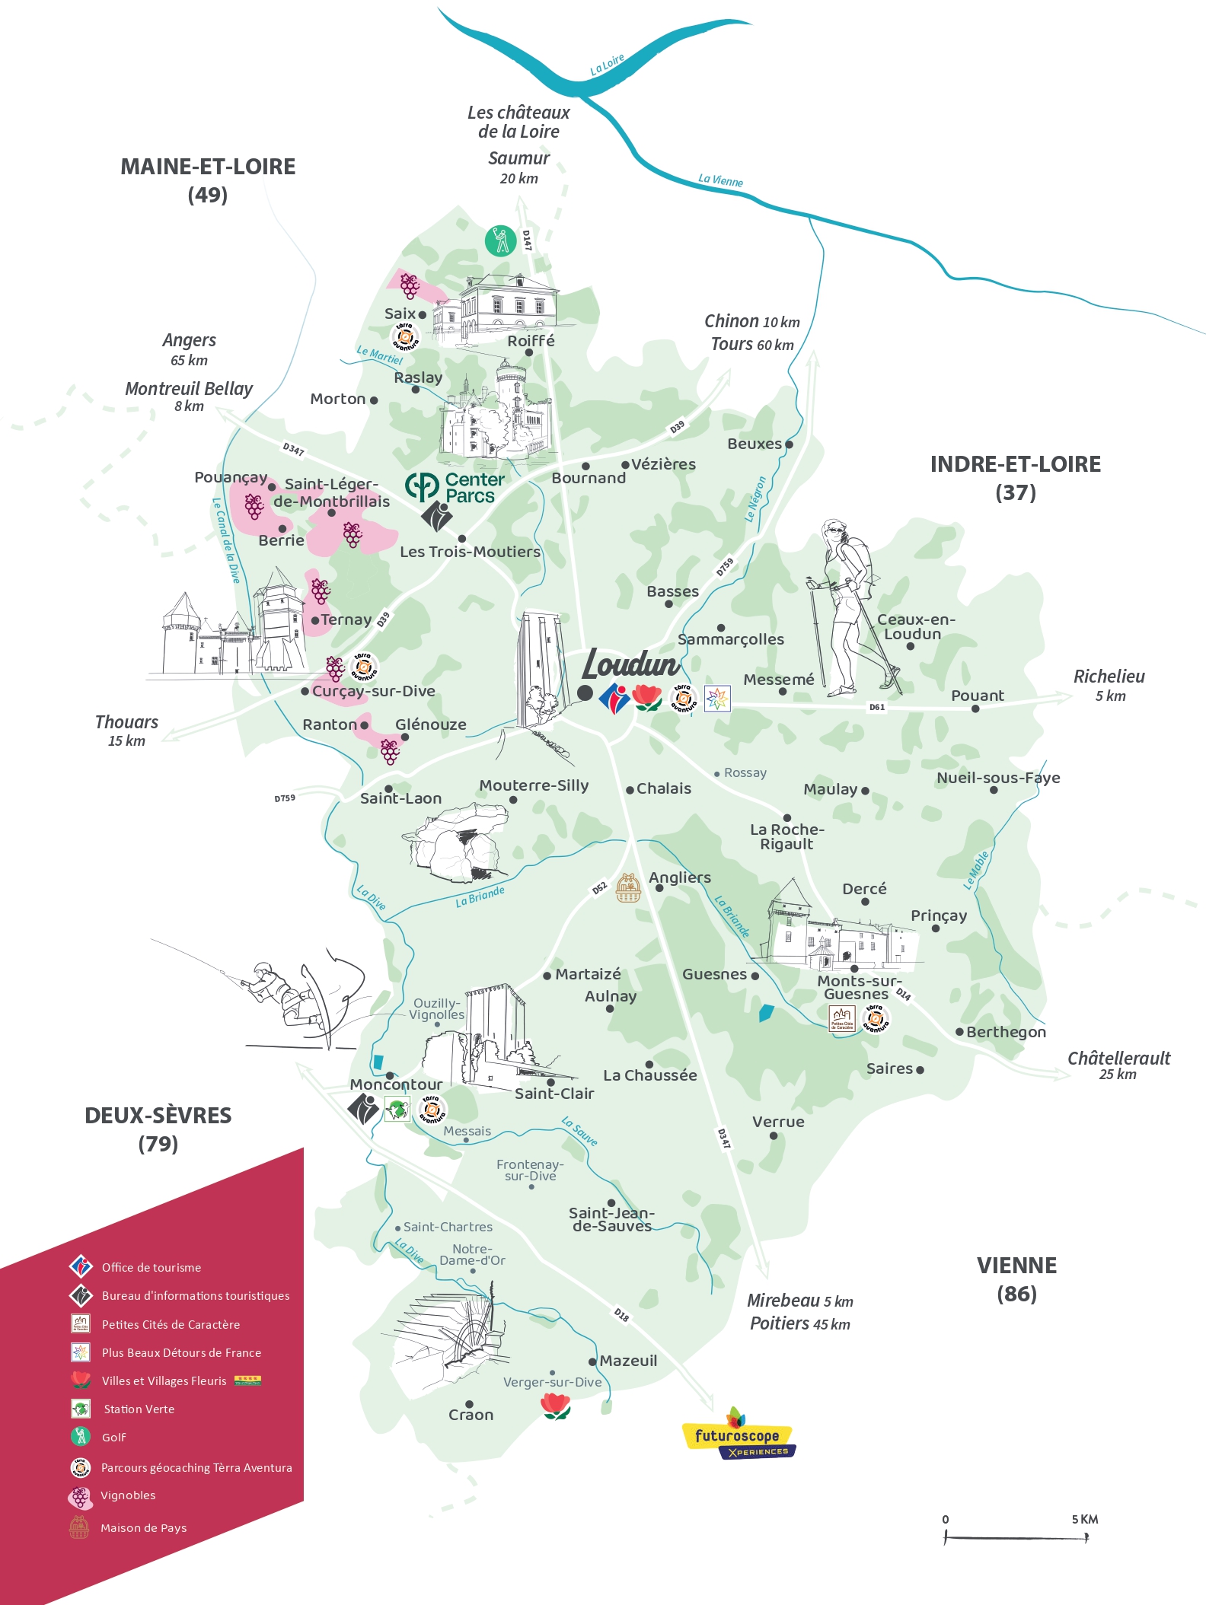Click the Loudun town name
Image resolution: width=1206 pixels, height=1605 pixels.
click(630, 664)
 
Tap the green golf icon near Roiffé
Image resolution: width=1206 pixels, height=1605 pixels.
click(500, 240)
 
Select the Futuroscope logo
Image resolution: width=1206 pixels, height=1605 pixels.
click(738, 1435)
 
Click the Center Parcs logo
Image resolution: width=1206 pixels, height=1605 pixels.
click(455, 488)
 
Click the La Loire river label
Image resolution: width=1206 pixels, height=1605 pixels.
click(607, 65)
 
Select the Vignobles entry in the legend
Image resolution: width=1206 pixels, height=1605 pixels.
click(127, 1495)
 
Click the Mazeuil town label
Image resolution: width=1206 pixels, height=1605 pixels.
click(627, 1361)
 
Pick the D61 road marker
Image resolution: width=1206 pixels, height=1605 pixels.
click(877, 707)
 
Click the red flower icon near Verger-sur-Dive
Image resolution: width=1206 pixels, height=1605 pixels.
click(555, 1406)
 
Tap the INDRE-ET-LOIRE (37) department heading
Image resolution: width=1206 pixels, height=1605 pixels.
click(1015, 477)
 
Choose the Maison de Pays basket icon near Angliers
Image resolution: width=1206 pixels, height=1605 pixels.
click(627, 887)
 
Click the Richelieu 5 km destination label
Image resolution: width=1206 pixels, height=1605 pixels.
click(1109, 685)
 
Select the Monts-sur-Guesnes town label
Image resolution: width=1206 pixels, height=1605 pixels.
click(858, 987)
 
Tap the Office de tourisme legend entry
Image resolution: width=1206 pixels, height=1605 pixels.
click(151, 1267)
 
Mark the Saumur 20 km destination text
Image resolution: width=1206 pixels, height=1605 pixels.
click(518, 167)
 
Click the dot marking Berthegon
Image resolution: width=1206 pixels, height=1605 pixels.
click(959, 1032)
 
